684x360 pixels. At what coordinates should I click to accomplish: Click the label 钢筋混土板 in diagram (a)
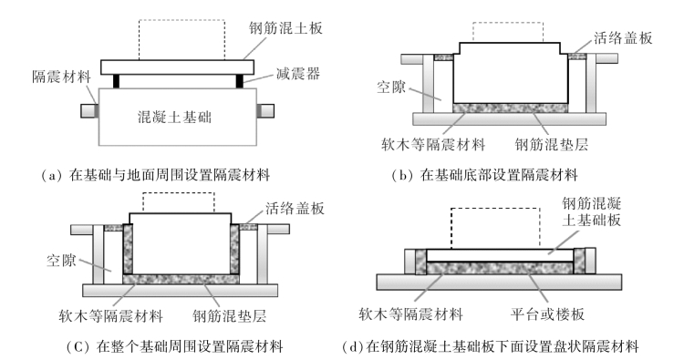pyautogui.click(x=285, y=28)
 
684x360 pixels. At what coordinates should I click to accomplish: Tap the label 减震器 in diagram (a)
pyautogui.click(x=298, y=73)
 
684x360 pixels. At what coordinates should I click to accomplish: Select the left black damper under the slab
pyautogui.click(x=116, y=81)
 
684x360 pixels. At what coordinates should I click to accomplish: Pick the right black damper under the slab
pyautogui.click(x=240, y=81)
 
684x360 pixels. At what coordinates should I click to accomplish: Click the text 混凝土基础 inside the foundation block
pyautogui.click(x=175, y=117)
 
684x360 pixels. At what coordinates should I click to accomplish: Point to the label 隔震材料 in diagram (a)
pyautogui.click(x=61, y=77)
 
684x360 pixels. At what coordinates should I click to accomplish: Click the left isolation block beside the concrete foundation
pyautogui.click(x=90, y=110)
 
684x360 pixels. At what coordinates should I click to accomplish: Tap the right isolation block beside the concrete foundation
pyautogui.click(x=265, y=110)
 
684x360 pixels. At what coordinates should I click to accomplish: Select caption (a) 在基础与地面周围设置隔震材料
pyautogui.click(x=156, y=175)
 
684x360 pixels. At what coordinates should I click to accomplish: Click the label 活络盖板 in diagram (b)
pyautogui.click(x=623, y=38)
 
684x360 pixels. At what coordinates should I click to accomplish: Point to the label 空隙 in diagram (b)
pyautogui.click(x=391, y=87)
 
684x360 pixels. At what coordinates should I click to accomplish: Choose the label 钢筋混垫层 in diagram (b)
pyautogui.click(x=552, y=144)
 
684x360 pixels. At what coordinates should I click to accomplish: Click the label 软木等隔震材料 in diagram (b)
pyautogui.click(x=433, y=144)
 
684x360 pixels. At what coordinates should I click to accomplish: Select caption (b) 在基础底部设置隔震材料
pyautogui.click(x=484, y=175)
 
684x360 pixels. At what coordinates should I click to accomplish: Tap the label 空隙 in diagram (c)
pyautogui.click(x=61, y=260)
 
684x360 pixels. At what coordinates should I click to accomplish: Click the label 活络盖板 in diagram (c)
pyautogui.click(x=295, y=209)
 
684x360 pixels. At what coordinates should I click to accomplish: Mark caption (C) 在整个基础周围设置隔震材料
pyautogui.click(x=174, y=346)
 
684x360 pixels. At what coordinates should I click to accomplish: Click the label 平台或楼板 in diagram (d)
pyautogui.click(x=547, y=314)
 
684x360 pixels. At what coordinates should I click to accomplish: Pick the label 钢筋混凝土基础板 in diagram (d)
pyautogui.click(x=592, y=211)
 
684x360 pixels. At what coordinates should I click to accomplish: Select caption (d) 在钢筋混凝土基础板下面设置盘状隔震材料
pyautogui.click(x=491, y=346)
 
